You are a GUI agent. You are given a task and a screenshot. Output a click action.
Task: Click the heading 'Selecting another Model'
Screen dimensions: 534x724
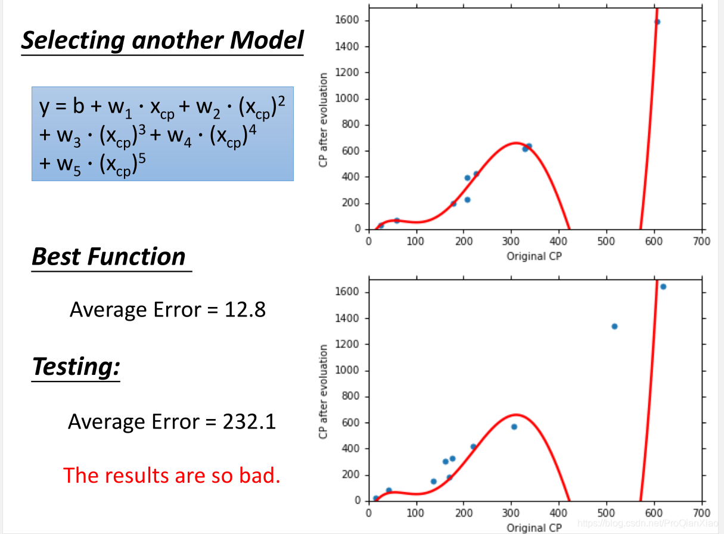(x=162, y=41)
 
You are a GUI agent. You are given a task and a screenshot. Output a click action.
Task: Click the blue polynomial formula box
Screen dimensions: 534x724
(x=162, y=133)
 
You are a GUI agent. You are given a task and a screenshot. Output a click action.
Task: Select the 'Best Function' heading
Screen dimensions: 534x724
(x=109, y=257)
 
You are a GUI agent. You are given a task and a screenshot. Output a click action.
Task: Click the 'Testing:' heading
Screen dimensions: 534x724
(x=76, y=366)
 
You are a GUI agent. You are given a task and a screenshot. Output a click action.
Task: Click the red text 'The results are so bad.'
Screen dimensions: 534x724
(x=172, y=475)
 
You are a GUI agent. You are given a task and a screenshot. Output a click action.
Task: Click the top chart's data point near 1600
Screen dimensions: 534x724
(x=657, y=22)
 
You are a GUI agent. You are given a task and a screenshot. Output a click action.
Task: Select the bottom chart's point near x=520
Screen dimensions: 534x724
(x=614, y=326)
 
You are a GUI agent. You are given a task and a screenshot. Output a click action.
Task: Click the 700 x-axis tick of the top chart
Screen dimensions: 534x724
(x=702, y=241)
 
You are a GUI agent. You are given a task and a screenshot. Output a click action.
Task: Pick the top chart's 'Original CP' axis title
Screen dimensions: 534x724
(x=535, y=256)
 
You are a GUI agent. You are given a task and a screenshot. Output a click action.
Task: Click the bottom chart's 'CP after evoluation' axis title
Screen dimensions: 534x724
(x=324, y=392)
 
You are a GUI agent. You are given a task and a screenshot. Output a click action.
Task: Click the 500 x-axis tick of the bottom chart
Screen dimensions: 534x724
(x=607, y=513)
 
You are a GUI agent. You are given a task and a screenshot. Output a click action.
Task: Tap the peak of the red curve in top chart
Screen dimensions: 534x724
(x=516, y=143)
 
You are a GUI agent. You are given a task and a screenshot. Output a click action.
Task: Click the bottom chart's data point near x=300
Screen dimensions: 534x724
(x=514, y=427)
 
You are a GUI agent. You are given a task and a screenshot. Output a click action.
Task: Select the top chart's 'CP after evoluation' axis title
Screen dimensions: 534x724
(x=324, y=120)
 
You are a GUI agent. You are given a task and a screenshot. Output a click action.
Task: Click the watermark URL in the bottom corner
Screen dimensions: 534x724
(x=650, y=523)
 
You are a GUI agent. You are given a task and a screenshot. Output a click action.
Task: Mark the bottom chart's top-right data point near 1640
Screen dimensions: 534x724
(x=663, y=287)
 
